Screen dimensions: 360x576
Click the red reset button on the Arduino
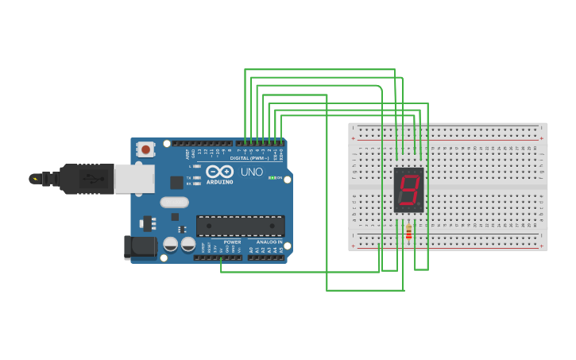pos(145,149)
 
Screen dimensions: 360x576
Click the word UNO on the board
pos(252,172)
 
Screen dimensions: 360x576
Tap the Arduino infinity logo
pos(219,171)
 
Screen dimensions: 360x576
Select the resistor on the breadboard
pos(408,232)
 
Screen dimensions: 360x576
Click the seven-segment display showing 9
pos(408,190)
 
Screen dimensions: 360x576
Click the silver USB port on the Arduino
pos(133,179)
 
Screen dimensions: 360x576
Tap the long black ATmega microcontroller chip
pos(240,226)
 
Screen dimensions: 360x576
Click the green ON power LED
pos(272,178)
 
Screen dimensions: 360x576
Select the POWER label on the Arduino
pos(232,242)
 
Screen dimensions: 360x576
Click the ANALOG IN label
pos(269,242)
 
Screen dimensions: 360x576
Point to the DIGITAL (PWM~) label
pos(249,158)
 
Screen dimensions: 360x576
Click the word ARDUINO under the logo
pos(220,182)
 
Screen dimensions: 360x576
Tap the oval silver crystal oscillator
pos(174,202)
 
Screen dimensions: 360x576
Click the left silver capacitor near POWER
pos(171,244)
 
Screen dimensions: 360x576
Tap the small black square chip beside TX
pos(176,183)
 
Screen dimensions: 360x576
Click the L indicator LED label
pos(189,166)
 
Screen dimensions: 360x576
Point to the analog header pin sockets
pos(265,257)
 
